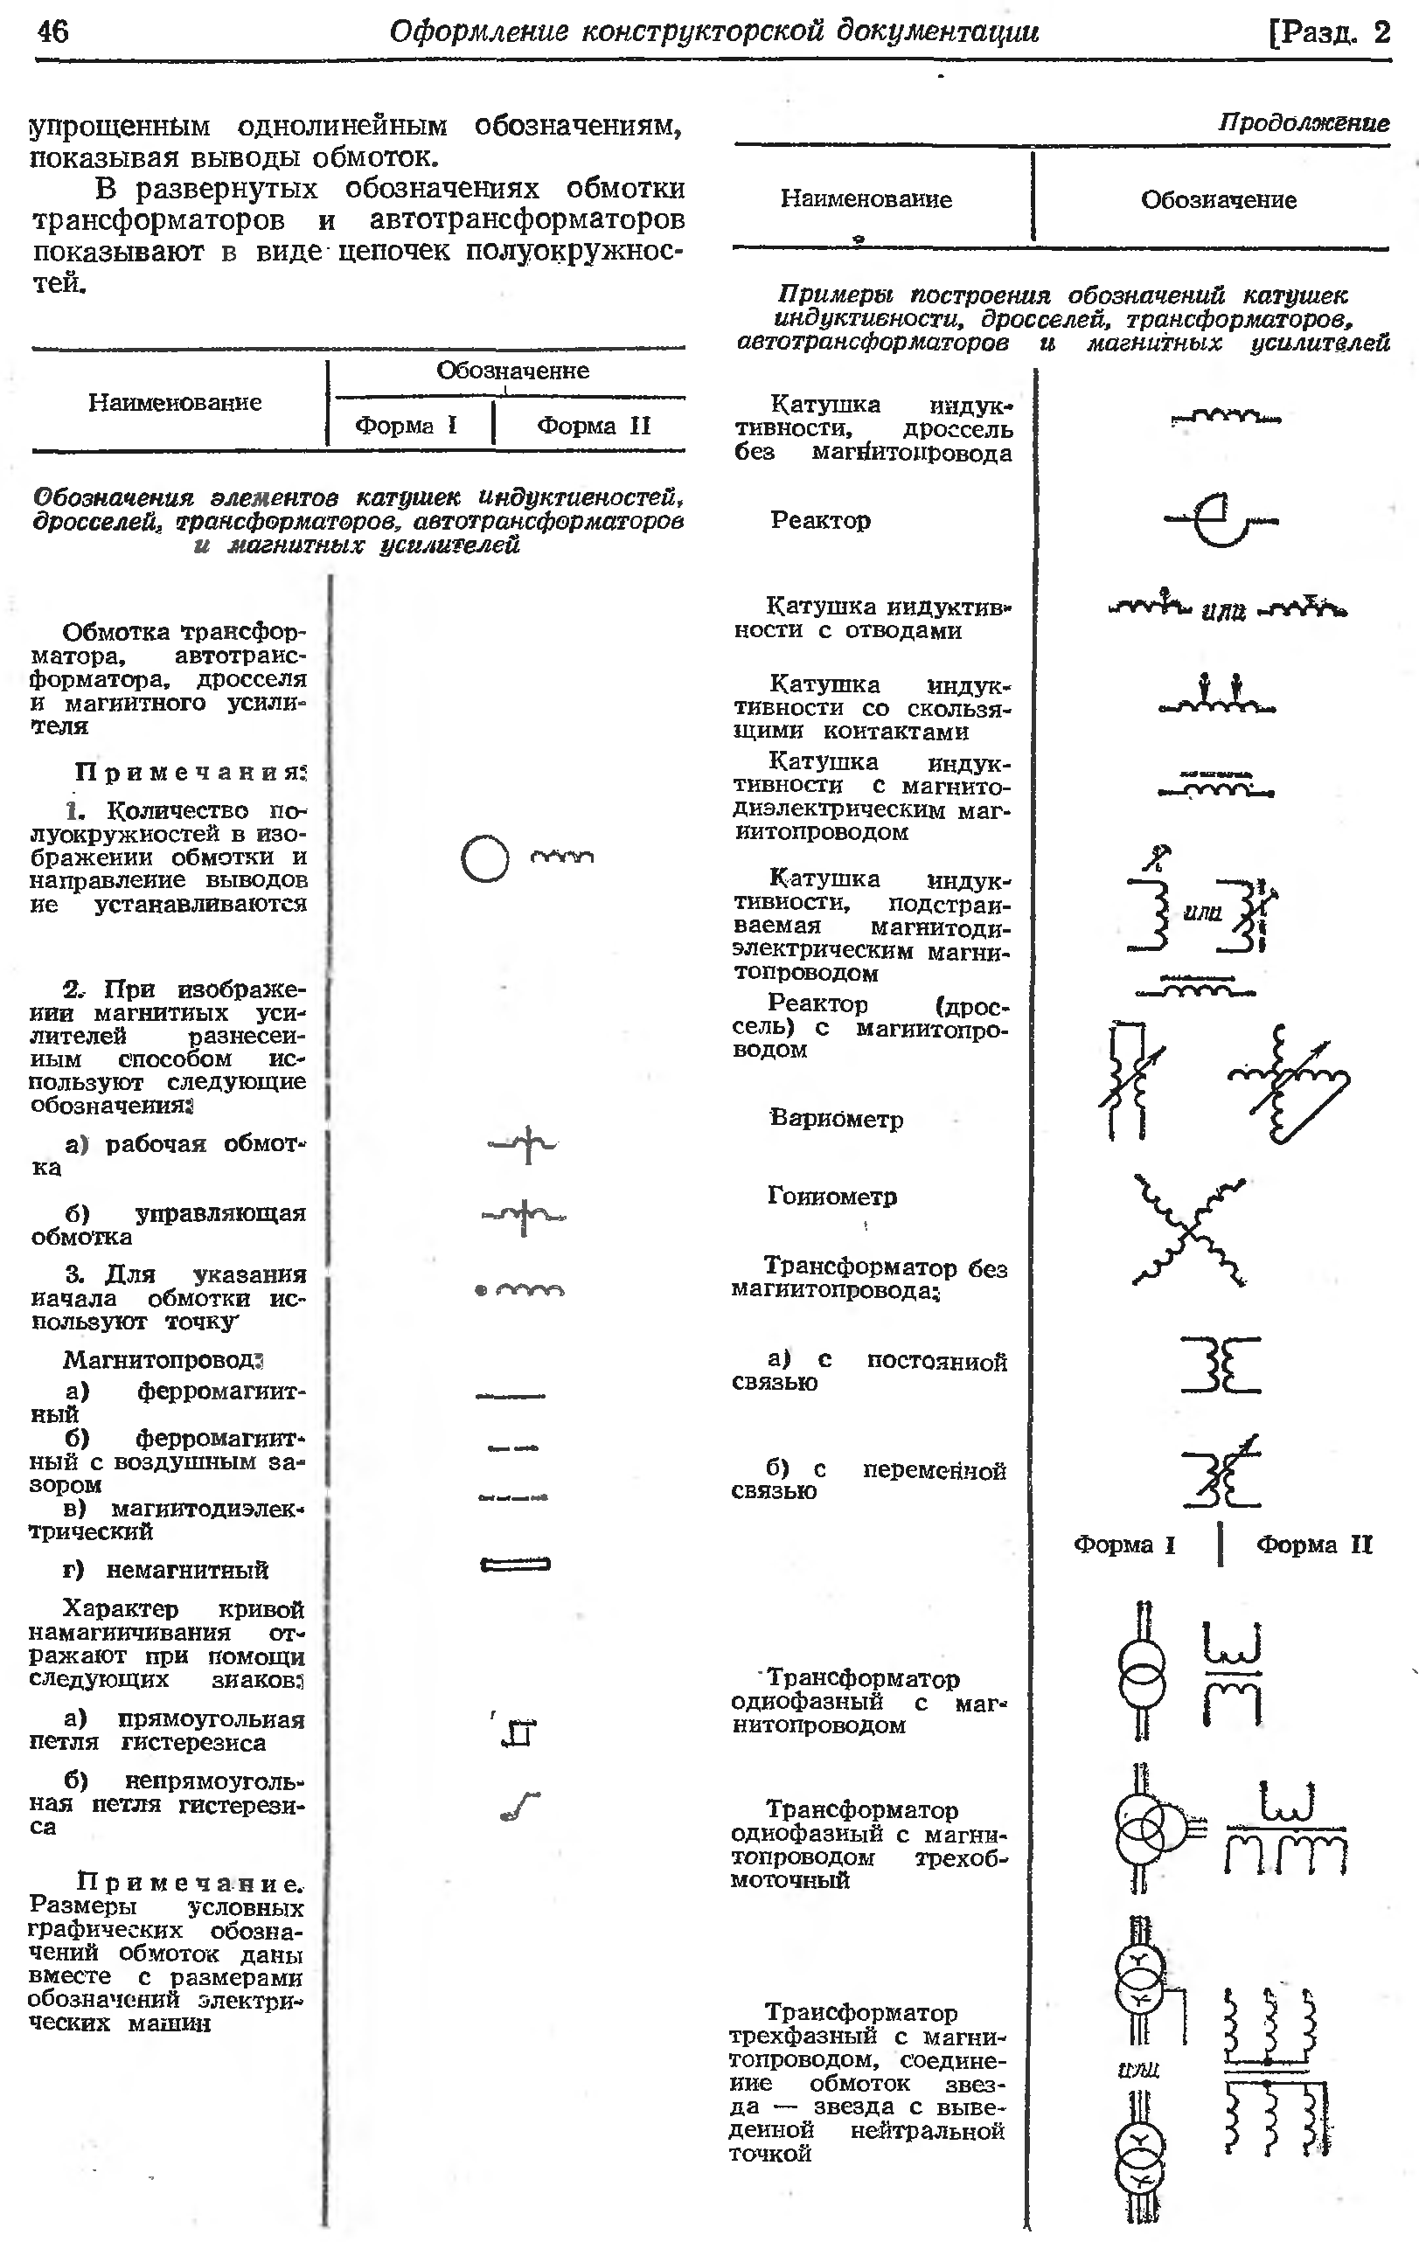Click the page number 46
pyautogui.click(x=53, y=31)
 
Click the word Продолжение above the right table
pyautogui.click(x=1303, y=123)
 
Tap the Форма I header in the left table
pyautogui.click(x=406, y=426)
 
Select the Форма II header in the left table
pyautogui.click(x=593, y=426)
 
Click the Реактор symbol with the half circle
pyautogui.click(x=1221, y=518)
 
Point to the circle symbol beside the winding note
pyautogui.click(x=485, y=857)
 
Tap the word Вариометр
pyautogui.click(x=836, y=1118)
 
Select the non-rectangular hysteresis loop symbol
pyautogui.click(x=519, y=1806)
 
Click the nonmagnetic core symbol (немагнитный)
pyautogui.click(x=515, y=1565)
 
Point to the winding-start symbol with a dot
pyautogui.click(x=519, y=1290)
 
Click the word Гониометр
pyautogui.click(x=831, y=1196)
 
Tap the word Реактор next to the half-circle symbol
pyautogui.click(x=820, y=519)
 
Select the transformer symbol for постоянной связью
pyautogui.click(x=1221, y=1365)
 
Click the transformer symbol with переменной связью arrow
pyautogui.click(x=1221, y=1473)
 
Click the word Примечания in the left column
pyautogui.click(x=190, y=772)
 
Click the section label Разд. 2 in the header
pyautogui.click(x=1330, y=32)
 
